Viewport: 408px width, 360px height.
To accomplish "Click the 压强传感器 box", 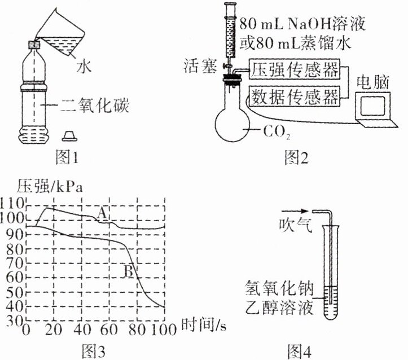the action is tap(295, 69).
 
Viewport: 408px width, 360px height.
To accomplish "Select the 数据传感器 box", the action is tap(295, 96).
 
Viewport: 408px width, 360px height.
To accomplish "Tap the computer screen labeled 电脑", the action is tap(372, 106).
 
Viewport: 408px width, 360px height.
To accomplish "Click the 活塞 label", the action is tap(200, 66).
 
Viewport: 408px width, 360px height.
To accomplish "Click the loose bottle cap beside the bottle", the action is tap(69, 136).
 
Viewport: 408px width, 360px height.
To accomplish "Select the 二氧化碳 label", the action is tap(95, 105).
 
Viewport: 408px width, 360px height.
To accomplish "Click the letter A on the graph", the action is tap(102, 213).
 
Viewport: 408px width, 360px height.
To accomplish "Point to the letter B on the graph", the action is tap(129, 271).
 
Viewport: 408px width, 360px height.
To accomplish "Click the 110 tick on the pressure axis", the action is tap(12, 203).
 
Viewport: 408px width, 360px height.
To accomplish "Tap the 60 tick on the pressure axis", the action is tap(15, 277).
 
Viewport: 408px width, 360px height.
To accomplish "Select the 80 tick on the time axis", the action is tap(137, 330).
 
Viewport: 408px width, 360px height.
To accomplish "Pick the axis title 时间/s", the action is tap(204, 325).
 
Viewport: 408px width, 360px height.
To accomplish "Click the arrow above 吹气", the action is tap(295, 211).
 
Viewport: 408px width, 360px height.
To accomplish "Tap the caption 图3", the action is tap(94, 351).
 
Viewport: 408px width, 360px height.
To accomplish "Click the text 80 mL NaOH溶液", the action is tap(302, 24).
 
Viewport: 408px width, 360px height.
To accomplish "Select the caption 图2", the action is tap(296, 157).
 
